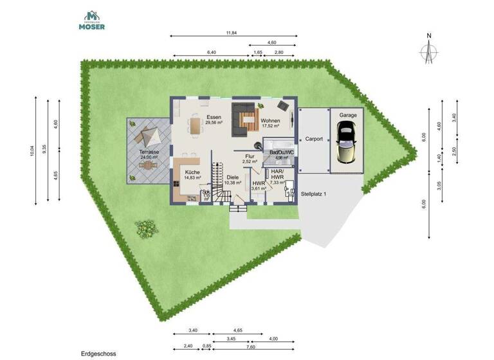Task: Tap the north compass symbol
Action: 428,49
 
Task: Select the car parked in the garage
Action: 347,145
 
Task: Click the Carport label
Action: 314,138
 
